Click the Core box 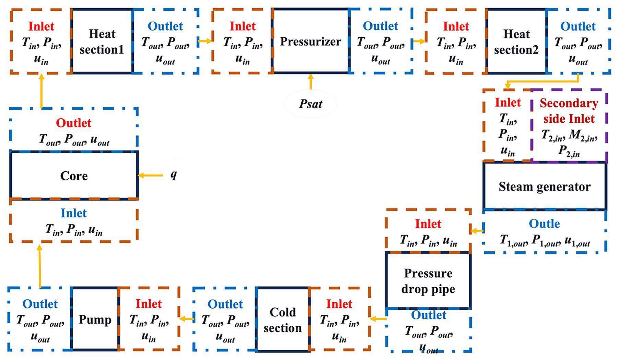point(74,175)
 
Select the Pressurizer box point(311,41)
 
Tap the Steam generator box point(545,186)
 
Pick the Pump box point(95,319)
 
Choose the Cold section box point(282,320)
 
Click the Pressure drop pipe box point(428,281)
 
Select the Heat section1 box point(102,41)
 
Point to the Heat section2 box point(516,41)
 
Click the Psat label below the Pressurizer point(311,104)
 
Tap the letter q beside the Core point(174,175)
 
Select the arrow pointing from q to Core point(151,176)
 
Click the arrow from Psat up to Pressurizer point(311,82)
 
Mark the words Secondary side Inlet point(569,111)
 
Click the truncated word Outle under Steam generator point(544,224)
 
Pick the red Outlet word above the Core point(73,123)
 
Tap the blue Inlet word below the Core point(73,213)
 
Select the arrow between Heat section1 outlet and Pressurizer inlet point(205,41)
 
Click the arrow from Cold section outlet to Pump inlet point(186,319)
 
